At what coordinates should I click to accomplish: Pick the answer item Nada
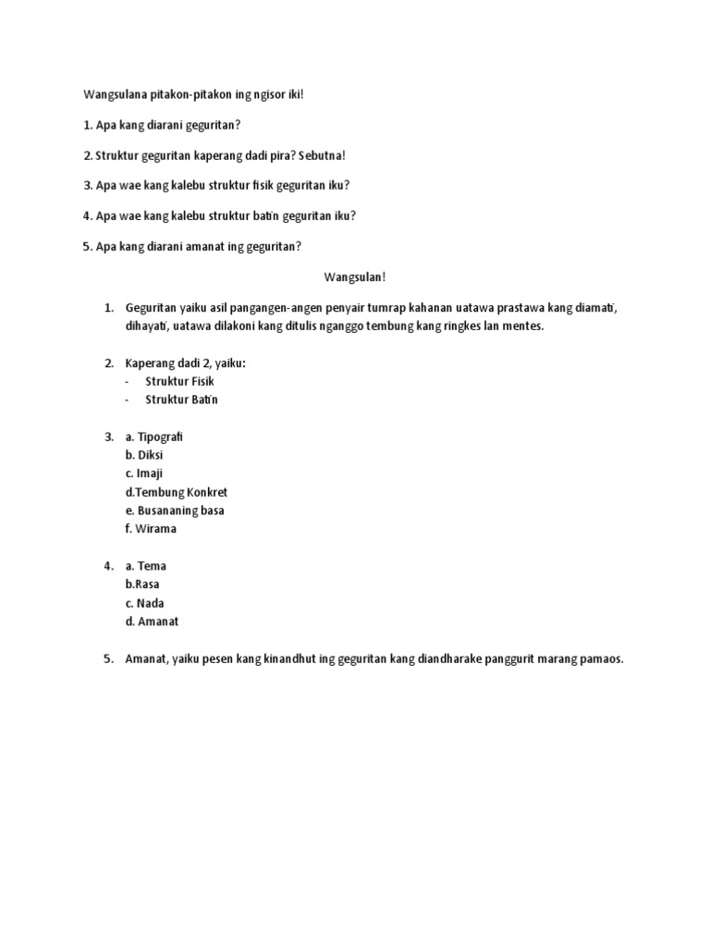[151, 603]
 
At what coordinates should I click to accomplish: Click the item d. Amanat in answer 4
[152, 621]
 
